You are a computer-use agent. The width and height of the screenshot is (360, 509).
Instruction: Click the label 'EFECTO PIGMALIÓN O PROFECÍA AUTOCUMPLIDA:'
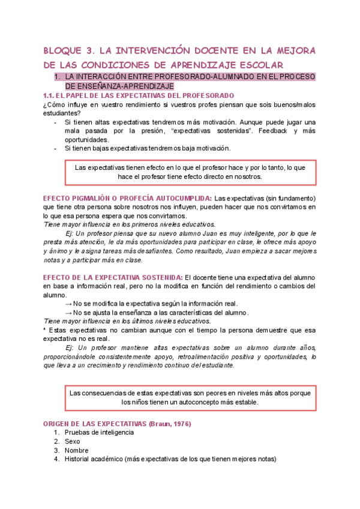tap(128, 198)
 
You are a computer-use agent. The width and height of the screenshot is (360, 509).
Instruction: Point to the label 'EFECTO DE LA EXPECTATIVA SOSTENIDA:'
tap(113, 277)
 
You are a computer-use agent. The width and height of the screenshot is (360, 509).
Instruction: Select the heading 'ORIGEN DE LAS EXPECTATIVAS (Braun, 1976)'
tap(117, 423)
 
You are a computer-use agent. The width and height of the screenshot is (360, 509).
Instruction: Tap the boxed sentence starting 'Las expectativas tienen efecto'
tap(190, 172)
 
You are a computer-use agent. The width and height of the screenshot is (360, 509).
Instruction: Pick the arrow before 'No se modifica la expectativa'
tap(68, 304)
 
